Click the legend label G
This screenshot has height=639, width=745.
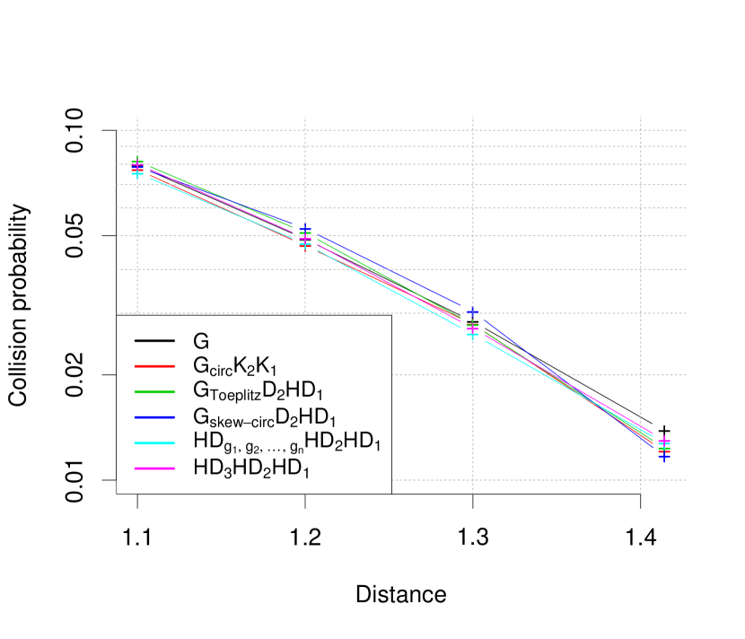[x=201, y=342]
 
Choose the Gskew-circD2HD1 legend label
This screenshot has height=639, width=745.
[x=265, y=417]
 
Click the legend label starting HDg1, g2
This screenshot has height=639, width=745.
[x=286, y=442]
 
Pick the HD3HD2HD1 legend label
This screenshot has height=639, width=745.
[x=251, y=468]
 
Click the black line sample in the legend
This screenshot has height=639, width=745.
[x=154, y=342]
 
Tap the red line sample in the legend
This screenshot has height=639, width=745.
[x=154, y=367]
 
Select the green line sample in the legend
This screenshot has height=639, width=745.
[x=154, y=392]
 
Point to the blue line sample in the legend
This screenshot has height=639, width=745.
[x=154, y=417]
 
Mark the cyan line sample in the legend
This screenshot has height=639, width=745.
[x=154, y=442]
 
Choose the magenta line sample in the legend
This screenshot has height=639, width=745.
[x=154, y=468]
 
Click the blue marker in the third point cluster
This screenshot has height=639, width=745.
[x=473, y=313]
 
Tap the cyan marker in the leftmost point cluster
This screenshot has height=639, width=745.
[x=137, y=173]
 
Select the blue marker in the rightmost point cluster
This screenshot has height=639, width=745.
[x=664, y=457]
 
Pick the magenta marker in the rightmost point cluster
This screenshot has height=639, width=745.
[x=664, y=441]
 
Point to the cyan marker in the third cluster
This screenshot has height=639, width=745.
[x=473, y=336]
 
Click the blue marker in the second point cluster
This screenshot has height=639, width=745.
[x=305, y=230]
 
